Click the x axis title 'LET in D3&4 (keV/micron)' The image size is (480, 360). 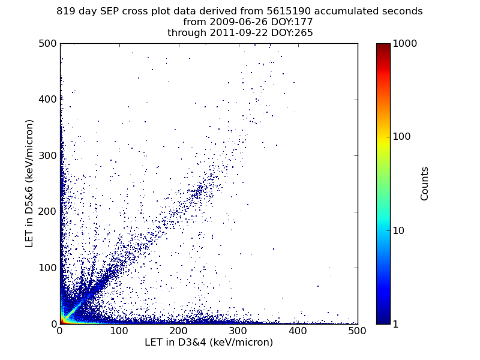(209, 343)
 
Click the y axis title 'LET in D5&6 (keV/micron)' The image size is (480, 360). (29, 183)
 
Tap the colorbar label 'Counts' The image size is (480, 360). (425, 184)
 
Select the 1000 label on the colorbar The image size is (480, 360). (405, 43)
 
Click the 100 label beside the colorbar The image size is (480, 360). (402, 137)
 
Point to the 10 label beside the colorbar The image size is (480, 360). (400, 230)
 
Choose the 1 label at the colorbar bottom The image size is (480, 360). (397, 324)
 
